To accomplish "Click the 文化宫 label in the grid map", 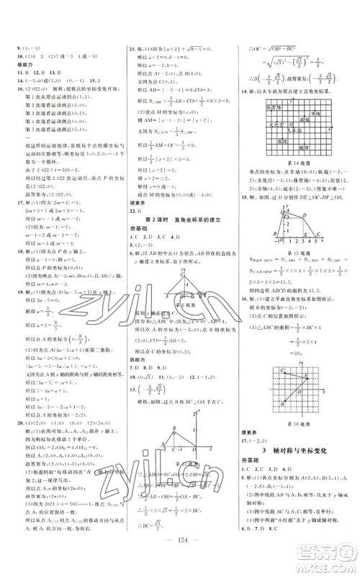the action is [x=268, y=143].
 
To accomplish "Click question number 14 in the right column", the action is [x=244, y=93].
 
